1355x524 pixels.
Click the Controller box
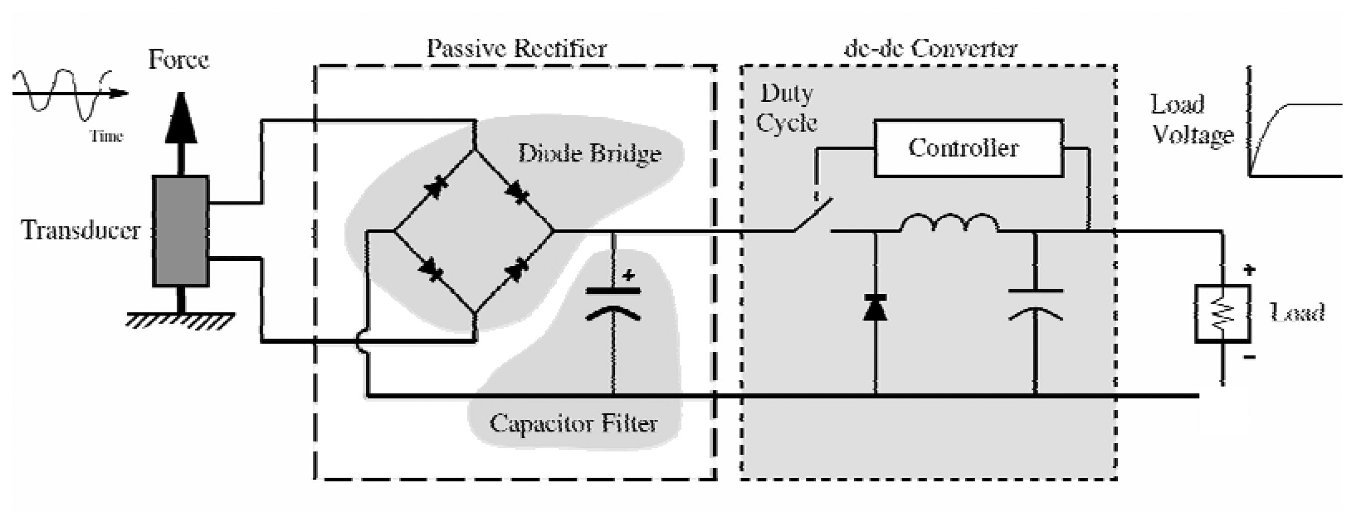click(968, 149)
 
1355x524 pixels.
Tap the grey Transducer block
click(180, 231)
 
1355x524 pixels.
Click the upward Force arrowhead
click(181, 118)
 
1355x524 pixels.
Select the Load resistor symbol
click(1222, 314)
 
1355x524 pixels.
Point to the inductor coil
click(950, 223)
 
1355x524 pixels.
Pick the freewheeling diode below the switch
click(875, 308)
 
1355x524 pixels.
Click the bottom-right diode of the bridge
click(515, 270)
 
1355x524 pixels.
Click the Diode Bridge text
click(589, 153)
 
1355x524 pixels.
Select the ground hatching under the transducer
click(180, 321)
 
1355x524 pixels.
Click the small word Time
click(107, 137)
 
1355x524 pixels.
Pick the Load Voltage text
click(1192, 120)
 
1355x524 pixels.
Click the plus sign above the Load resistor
click(1249, 270)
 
